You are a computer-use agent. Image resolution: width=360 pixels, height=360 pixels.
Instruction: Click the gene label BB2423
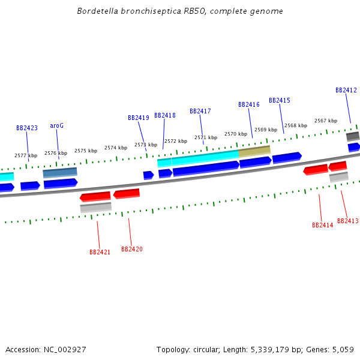pyautogui.click(x=27, y=128)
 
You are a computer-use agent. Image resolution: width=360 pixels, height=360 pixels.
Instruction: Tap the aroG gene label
pyautogui.click(x=56, y=125)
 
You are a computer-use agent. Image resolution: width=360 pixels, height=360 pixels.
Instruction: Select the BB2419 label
pyautogui.click(x=139, y=118)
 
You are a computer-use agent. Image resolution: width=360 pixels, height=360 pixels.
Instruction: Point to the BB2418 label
pyautogui.click(x=165, y=115)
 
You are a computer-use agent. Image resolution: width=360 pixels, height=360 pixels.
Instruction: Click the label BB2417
pyautogui.click(x=200, y=111)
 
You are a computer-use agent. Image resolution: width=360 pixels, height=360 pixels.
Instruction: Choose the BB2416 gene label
pyautogui.click(x=249, y=104)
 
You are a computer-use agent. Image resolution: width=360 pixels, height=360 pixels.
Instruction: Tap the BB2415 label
pyautogui.click(x=280, y=100)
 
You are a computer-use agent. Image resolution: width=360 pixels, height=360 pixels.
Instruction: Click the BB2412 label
pyautogui.click(x=346, y=90)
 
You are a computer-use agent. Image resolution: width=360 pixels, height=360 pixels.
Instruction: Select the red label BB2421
pyautogui.click(x=100, y=252)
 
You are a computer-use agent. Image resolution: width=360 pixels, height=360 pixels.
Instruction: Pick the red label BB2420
pyautogui.click(x=132, y=249)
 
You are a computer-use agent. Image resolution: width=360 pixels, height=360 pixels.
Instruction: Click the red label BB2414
pyautogui.click(x=323, y=225)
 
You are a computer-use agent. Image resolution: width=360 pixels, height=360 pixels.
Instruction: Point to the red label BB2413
pyautogui.click(x=348, y=221)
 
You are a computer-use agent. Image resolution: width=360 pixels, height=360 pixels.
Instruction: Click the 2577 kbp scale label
pyautogui.click(x=26, y=155)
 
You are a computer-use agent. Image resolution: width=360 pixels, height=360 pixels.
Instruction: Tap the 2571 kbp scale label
pyautogui.click(x=206, y=137)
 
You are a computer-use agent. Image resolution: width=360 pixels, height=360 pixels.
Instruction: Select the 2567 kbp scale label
pyautogui.click(x=326, y=121)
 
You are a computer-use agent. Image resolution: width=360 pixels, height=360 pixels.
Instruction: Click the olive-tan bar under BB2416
pyautogui.click(x=254, y=151)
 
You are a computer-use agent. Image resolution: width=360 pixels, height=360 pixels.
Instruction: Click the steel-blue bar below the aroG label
pyautogui.click(x=60, y=173)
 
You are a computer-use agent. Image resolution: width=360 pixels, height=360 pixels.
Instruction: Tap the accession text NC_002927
pyautogui.click(x=64, y=349)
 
